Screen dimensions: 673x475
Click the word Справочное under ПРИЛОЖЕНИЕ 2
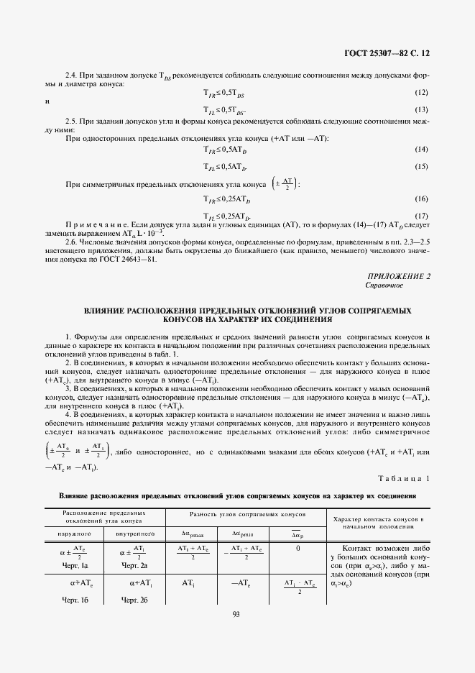click(x=384, y=285)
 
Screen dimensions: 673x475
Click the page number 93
click(x=236, y=613)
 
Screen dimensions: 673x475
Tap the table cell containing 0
click(x=297, y=548)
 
